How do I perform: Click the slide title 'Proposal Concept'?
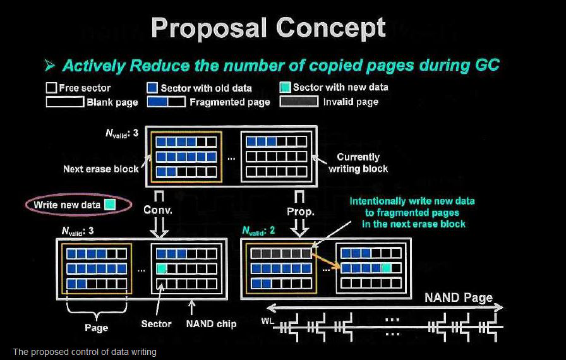point(268,29)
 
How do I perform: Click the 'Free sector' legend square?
point(51,88)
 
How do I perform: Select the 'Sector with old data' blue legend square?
point(152,88)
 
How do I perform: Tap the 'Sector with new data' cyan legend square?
point(284,87)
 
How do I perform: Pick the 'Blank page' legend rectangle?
point(65,101)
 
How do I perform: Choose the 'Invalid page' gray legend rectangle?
point(299,101)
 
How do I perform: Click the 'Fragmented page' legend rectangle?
point(166,101)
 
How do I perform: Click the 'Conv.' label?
point(159,211)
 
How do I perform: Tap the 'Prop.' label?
point(301,212)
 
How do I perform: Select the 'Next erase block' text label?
point(101,169)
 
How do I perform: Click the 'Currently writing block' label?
point(358,162)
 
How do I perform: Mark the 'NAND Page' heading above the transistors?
point(458,297)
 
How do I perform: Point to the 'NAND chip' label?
point(211,324)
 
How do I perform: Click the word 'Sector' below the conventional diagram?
point(156,324)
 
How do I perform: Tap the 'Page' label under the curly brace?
point(96,328)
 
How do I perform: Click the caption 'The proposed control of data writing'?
point(84,352)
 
